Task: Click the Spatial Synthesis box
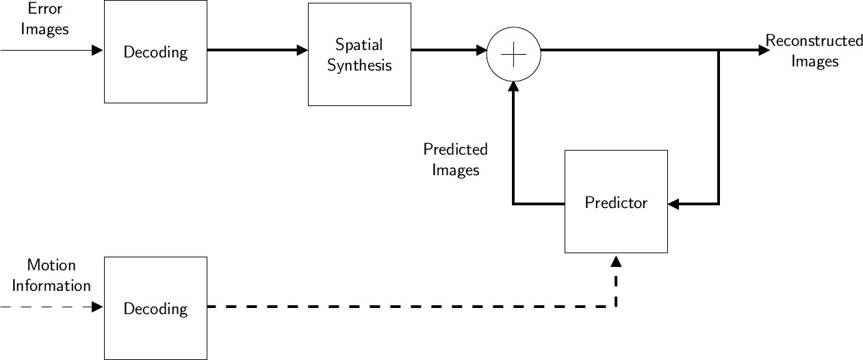click(x=359, y=55)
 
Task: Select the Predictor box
click(x=616, y=202)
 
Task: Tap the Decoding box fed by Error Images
click(x=155, y=52)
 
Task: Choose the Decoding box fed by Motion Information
click(x=155, y=309)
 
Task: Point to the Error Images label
click(x=44, y=19)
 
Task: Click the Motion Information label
click(x=51, y=275)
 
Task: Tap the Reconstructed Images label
click(x=814, y=51)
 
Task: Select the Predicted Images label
click(x=455, y=159)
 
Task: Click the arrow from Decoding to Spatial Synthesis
click(x=257, y=50)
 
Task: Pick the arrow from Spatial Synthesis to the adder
click(x=448, y=50)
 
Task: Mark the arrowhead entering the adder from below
click(x=513, y=87)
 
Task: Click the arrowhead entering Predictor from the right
click(x=673, y=204)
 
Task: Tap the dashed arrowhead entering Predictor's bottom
click(x=616, y=261)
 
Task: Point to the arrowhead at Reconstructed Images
click(x=764, y=50)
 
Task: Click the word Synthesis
click(x=359, y=66)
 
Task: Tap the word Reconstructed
click(x=814, y=41)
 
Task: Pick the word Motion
click(x=51, y=265)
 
